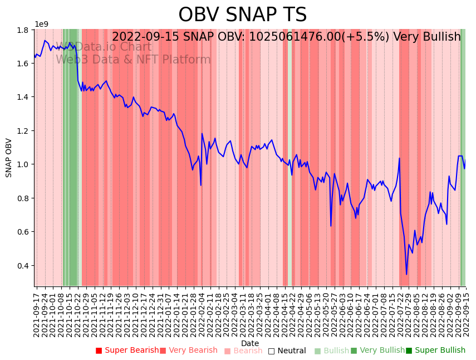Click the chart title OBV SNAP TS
pos(242,15)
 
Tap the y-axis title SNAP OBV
pos(9,158)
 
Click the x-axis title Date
pos(250,343)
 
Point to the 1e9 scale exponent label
pos(42,24)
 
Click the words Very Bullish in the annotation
pos(427,37)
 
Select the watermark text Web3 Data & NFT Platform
pos(133,60)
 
